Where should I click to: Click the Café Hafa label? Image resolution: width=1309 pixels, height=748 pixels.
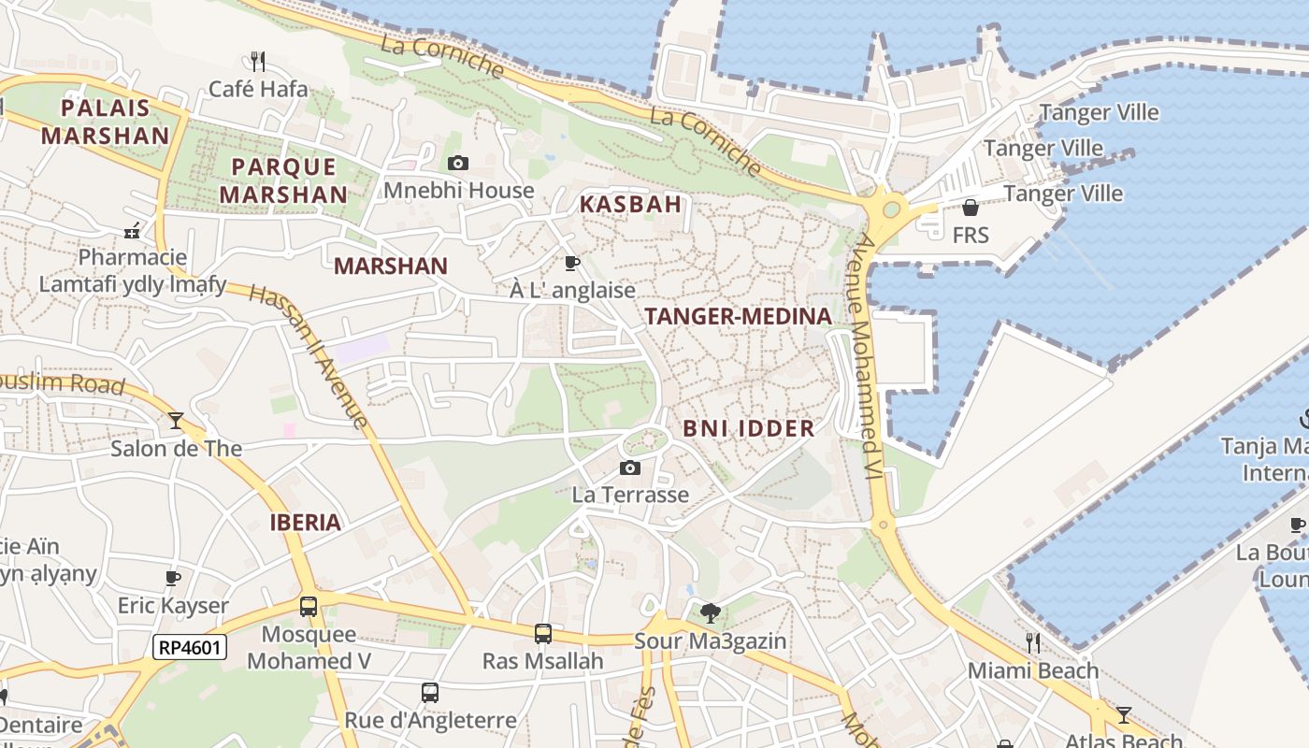click(258, 89)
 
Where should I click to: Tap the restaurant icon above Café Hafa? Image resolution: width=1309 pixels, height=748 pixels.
click(258, 62)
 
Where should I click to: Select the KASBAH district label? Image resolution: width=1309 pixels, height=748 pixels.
click(630, 204)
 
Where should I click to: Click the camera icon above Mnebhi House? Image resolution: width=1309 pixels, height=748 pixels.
click(457, 164)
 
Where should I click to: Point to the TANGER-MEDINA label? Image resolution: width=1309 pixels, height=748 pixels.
click(738, 317)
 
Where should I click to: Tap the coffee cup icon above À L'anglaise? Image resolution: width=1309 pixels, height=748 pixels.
click(572, 263)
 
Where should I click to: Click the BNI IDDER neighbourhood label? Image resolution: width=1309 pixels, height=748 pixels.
click(748, 429)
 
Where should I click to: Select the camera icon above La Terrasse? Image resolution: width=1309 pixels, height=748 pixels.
click(630, 467)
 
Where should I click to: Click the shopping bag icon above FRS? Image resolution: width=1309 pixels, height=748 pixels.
click(971, 208)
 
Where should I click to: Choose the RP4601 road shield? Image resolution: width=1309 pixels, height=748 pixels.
click(190, 646)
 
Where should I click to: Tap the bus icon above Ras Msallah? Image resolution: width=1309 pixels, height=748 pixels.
click(542, 634)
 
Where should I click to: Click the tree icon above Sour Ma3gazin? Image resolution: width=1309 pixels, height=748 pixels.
click(711, 613)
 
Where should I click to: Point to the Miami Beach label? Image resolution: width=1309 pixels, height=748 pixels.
click(1033, 670)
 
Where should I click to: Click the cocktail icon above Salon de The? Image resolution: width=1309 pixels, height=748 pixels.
click(176, 421)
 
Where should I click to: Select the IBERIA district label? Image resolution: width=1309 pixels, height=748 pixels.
click(305, 523)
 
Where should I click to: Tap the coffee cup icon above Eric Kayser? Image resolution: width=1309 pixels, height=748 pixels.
click(173, 578)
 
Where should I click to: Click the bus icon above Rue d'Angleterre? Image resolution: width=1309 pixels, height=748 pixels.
click(430, 693)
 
